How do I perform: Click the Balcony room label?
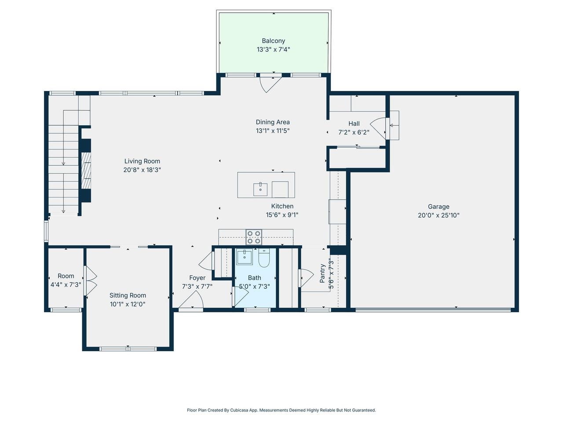(x=273, y=41)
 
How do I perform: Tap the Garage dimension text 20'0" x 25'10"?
(x=439, y=215)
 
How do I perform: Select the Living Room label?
(x=142, y=161)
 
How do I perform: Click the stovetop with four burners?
(x=254, y=237)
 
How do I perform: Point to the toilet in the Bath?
(x=264, y=258)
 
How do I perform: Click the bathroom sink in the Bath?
(x=244, y=257)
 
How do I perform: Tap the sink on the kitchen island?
(x=260, y=189)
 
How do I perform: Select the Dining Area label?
(x=273, y=122)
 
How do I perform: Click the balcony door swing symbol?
(x=270, y=84)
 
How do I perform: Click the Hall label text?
(x=354, y=124)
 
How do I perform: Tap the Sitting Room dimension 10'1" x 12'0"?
(x=128, y=304)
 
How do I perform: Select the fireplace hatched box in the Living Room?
(x=85, y=165)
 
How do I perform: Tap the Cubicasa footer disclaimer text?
(x=281, y=410)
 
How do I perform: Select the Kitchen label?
(x=282, y=206)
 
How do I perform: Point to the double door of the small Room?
(x=90, y=281)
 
